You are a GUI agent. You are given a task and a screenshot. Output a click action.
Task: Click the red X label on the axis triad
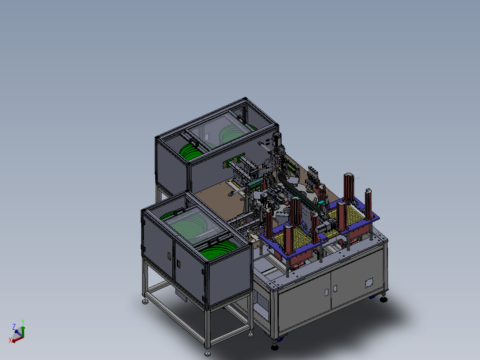[x=10, y=340]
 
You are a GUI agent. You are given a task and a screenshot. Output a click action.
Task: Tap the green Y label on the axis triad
[x=23, y=322]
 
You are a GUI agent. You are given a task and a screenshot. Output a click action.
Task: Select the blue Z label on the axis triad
[x=14, y=327]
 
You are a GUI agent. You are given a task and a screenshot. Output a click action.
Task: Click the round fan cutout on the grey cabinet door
[x=369, y=283]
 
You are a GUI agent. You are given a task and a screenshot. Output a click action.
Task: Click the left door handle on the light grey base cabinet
[x=326, y=292]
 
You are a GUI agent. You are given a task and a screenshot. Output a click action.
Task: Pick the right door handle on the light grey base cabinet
[x=335, y=288]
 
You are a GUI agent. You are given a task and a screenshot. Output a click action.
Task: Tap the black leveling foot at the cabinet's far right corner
[x=383, y=299]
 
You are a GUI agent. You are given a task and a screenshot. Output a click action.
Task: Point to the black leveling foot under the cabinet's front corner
[x=275, y=347]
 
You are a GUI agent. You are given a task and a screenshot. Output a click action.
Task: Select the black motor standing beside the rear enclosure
[x=277, y=139]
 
